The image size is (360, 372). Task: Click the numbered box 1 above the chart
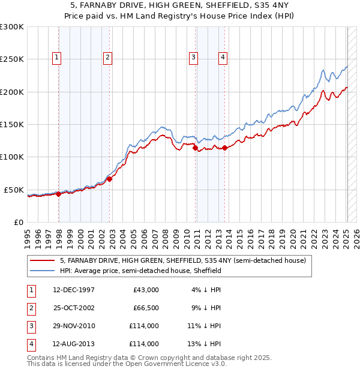56,58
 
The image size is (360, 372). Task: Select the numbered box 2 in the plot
107,58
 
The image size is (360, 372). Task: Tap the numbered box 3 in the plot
194,58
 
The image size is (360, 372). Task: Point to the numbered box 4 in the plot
223,58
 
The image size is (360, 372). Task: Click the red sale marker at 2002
110,179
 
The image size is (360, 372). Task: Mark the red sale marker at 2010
196,148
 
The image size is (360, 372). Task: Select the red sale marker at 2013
224,148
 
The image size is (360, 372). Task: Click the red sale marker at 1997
59,194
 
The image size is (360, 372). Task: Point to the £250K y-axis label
12,59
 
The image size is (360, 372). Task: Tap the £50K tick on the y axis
14,190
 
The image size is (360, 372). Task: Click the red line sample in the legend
42,261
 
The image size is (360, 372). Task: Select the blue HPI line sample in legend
42,271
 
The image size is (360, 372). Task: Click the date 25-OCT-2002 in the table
74,308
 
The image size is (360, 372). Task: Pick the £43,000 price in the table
146,290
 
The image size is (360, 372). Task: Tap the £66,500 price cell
146,308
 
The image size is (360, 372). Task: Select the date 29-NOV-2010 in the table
74,326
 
